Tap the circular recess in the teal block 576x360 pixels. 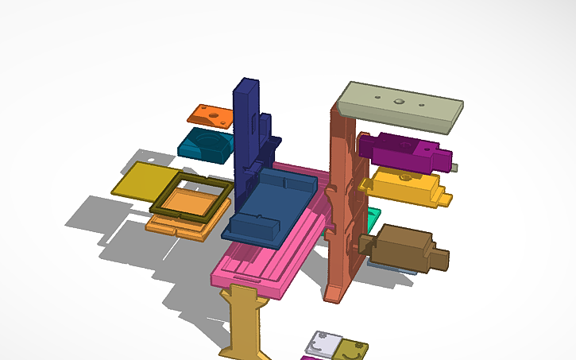click(x=208, y=144)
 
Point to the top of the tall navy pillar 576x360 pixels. click(x=246, y=84)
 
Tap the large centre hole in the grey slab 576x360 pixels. click(x=396, y=103)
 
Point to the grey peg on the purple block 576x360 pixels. click(x=454, y=167)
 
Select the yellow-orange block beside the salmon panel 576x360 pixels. click(x=405, y=188)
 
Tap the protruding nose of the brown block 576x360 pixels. click(x=439, y=258)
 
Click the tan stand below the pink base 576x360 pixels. click(x=245, y=318)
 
